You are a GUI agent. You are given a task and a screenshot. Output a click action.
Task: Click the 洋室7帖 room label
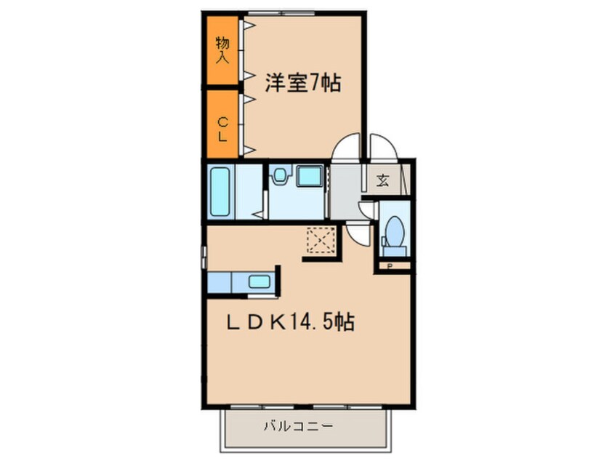(x=303, y=83)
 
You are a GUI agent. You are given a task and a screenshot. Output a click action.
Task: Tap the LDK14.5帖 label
(x=291, y=323)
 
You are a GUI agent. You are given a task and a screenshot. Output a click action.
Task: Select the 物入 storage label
(x=222, y=50)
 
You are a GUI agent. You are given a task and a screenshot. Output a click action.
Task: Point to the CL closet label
(x=222, y=129)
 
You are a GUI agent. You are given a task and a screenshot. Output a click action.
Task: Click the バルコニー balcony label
(x=298, y=425)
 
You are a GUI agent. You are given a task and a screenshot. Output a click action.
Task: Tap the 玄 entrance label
(x=383, y=180)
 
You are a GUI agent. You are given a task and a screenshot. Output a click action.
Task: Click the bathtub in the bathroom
(x=220, y=192)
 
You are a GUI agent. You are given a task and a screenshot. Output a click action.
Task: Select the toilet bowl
(x=394, y=231)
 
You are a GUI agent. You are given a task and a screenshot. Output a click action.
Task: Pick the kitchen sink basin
(x=260, y=281)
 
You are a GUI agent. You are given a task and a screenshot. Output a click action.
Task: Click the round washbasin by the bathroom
(x=279, y=175)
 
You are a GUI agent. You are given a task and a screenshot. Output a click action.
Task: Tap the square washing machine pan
(x=310, y=176)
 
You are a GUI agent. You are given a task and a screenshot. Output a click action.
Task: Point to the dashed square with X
(x=321, y=240)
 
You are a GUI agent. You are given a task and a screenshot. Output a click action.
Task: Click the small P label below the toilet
(x=390, y=266)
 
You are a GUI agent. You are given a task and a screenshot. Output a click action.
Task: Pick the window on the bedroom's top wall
(x=281, y=14)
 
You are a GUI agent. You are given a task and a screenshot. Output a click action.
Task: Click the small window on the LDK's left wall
(x=204, y=257)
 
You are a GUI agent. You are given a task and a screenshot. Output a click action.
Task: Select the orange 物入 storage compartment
(x=222, y=50)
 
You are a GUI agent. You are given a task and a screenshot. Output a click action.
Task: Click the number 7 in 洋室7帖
(x=315, y=83)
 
